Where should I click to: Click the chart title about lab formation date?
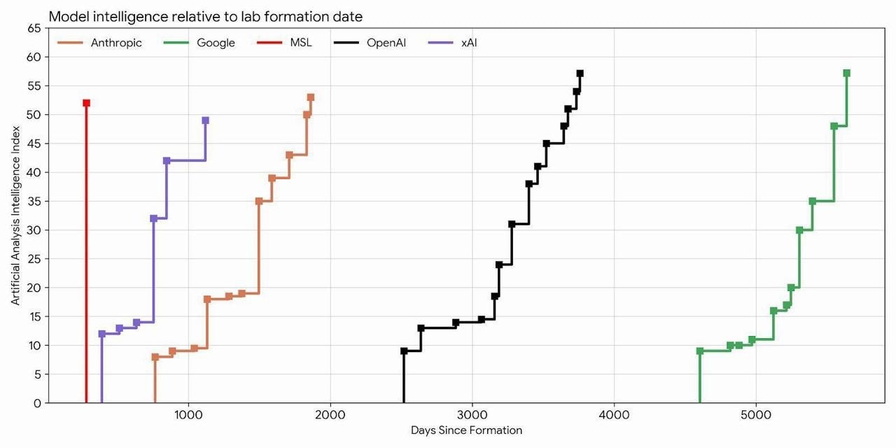point(205,16)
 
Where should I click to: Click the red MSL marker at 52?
point(86,103)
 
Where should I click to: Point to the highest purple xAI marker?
point(205,120)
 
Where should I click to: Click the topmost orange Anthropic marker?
point(311,97)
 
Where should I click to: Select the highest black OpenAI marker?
point(580,73)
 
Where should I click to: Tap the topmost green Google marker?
point(846,73)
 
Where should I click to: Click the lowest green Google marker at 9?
point(700,351)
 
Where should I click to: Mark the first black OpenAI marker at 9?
point(404,351)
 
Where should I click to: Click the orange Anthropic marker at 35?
point(259,201)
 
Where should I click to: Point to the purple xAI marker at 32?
point(153,218)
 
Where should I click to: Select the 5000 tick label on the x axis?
point(756,414)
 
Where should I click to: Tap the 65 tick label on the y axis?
point(34,28)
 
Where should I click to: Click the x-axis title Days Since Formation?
point(466,430)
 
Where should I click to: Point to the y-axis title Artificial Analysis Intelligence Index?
point(15,216)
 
